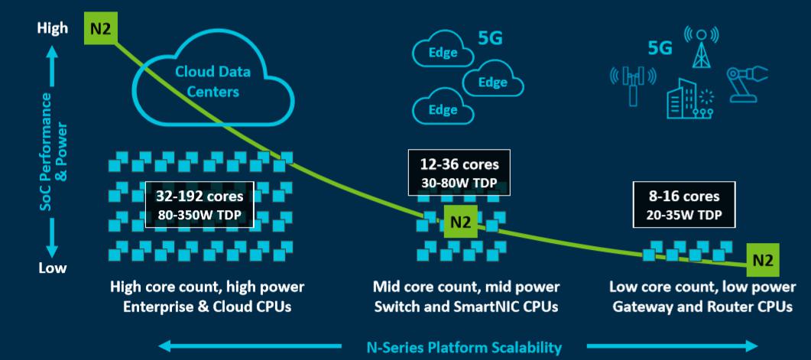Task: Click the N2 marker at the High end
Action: [101, 28]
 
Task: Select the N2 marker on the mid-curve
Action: [460, 222]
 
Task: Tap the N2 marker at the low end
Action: [762, 260]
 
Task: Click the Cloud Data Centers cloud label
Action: [212, 81]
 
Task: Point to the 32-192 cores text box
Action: [200, 204]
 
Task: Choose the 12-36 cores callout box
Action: [459, 173]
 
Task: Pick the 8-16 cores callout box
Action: [684, 204]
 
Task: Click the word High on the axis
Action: [52, 28]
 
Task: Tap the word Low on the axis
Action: [52, 268]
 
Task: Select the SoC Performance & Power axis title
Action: [54, 151]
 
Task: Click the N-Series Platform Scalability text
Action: [464, 347]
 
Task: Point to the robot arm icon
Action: [747, 84]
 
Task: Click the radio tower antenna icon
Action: [701, 48]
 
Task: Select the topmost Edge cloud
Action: [443, 53]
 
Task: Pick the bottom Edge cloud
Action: [443, 109]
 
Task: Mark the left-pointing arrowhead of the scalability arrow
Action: [167, 346]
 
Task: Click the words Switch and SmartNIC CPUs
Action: [466, 306]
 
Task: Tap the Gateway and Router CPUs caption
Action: [702, 306]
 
